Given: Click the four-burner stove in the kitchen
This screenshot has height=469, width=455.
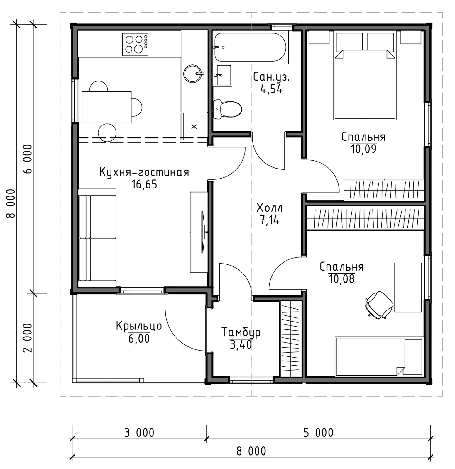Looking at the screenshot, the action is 135,45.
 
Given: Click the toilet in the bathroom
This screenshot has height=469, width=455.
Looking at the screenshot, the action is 227,110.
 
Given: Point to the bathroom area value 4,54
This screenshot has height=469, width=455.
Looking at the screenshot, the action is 271,89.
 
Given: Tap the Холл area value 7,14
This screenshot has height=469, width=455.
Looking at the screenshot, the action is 269,220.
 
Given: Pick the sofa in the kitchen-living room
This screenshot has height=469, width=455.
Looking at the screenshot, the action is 97,238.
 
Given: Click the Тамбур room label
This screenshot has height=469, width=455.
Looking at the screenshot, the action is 241,333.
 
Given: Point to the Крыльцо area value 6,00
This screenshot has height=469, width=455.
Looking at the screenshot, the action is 139,339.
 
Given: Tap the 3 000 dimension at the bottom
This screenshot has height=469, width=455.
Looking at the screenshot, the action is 139,433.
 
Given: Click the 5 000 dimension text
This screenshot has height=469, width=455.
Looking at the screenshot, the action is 318,433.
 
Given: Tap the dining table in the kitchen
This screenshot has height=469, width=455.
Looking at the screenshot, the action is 106,107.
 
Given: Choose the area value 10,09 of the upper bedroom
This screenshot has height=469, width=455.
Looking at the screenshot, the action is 363,149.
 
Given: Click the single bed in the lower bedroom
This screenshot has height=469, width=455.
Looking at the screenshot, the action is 379,356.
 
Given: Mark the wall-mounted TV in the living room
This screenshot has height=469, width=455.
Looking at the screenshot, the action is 203,232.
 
